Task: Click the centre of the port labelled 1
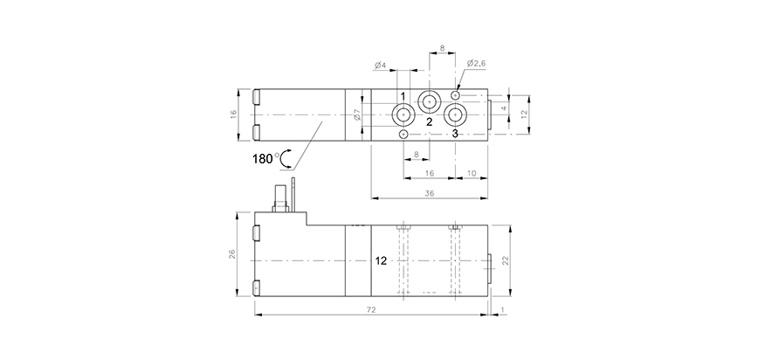coord(403,115)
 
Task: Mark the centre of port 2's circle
coord(430,101)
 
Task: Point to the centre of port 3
coord(455,115)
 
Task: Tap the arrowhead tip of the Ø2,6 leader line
coord(458,91)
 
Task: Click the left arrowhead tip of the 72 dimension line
coord(255,315)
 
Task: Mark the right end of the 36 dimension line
coord(487,197)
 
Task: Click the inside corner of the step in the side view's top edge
coord(307,225)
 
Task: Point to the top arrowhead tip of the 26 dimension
coord(238,212)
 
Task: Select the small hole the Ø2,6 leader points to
coord(455,95)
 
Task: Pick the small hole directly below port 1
coord(403,134)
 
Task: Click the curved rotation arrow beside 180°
coord(286,158)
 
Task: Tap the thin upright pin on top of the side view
coord(293,195)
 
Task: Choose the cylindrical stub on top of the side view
coord(280,198)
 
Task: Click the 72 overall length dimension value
coord(371,309)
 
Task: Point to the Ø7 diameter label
coord(357,115)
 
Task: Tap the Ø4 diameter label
coord(381,65)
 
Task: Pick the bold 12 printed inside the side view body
coord(381,261)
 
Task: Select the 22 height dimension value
coord(505,260)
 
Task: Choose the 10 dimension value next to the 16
coord(472,173)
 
